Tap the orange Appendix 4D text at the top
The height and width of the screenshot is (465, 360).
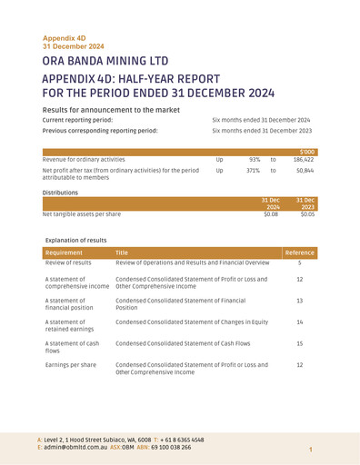(x=62, y=39)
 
